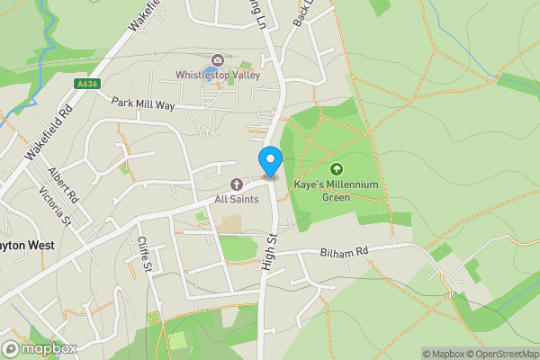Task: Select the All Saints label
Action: (x=237, y=199)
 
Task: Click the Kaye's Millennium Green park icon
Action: (x=337, y=168)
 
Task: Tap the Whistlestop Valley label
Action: (x=218, y=75)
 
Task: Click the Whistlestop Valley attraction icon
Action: (x=211, y=60)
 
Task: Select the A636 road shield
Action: (x=85, y=84)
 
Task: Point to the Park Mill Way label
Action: (x=142, y=103)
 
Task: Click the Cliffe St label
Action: (x=145, y=255)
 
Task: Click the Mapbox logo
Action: (x=40, y=349)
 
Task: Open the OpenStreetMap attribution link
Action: (x=497, y=354)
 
